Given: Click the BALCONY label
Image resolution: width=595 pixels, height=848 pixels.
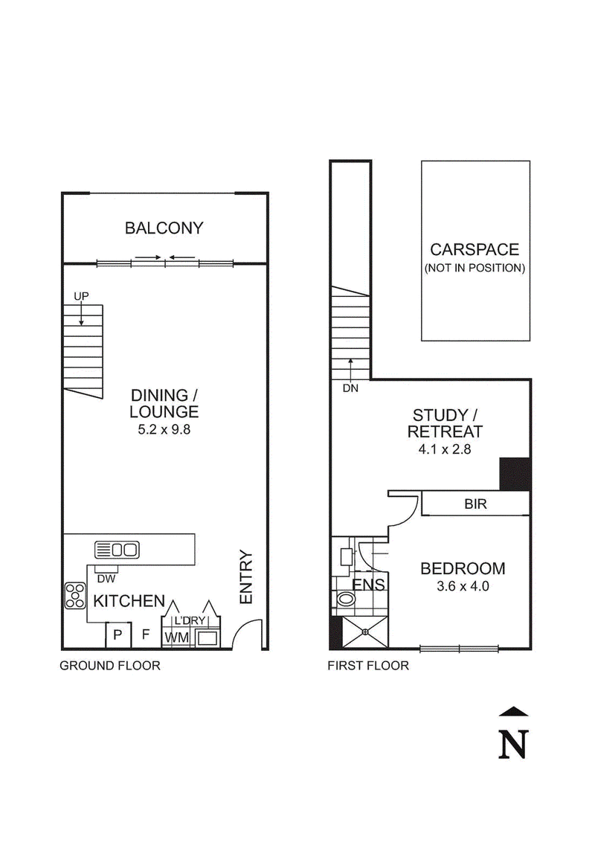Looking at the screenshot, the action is (164, 228).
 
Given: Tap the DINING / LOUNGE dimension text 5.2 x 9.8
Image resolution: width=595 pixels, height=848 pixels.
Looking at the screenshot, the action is (164, 430).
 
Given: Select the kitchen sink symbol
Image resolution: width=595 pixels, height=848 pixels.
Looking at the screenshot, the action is (117, 550).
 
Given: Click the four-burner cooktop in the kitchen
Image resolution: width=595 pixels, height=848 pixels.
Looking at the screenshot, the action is (75, 595).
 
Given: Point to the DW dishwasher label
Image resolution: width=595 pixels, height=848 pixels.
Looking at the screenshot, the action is (106, 579).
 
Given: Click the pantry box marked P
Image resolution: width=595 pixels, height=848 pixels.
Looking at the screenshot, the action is (118, 635).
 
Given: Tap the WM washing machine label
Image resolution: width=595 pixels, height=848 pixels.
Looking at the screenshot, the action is (177, 637).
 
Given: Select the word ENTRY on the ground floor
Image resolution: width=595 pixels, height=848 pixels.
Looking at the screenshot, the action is (246, 577).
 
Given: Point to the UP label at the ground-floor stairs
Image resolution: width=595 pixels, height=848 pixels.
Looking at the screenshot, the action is (82, 296).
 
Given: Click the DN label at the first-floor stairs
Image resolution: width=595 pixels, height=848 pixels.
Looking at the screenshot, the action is (350, 388).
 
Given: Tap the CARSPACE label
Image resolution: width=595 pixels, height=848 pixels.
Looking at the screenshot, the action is (475, 249).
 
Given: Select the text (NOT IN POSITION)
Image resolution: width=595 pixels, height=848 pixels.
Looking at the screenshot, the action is (475, 268).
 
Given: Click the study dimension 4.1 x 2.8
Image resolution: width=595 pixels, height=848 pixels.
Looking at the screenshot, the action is (445, 449).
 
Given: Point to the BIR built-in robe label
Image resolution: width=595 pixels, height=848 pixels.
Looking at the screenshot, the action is (475, 504).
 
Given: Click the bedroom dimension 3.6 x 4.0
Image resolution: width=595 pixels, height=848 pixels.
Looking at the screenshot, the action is (463, 586).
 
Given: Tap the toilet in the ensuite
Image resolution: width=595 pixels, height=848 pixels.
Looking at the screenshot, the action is (344, 599).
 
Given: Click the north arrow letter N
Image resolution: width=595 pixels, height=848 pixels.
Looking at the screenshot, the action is (512, 745).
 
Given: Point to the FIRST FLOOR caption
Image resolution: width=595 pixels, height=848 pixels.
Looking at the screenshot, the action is (368, 666).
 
